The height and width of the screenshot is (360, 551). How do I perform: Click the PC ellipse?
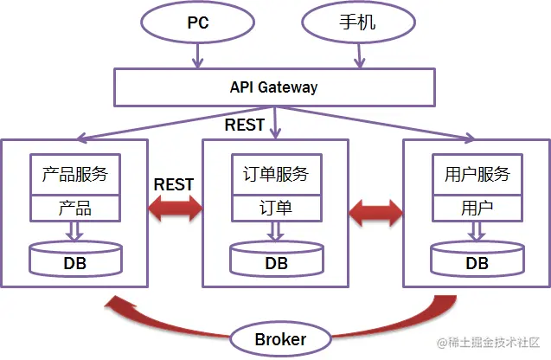[x=198, y=23]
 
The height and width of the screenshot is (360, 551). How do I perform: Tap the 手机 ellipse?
[x=354, y=23]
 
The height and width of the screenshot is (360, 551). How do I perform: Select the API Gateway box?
[x=273, y=87]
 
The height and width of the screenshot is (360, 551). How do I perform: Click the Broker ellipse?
[x=280, y=339]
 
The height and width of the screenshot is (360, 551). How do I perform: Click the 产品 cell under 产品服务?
[x=74, y=209]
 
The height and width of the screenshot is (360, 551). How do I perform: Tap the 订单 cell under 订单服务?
[x=276, y=209]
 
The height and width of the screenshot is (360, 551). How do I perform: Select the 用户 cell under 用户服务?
[x=477, y=209]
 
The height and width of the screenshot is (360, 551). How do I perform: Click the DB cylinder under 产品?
[x=75, y=260]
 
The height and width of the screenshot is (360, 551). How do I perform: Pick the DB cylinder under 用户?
[x=477, y=260]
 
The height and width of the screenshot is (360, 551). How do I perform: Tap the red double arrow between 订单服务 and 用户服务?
[x=375, y=210]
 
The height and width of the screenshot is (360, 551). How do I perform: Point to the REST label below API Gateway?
[x=244, y=125]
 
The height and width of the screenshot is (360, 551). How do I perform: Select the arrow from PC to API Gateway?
[x=198, y=56]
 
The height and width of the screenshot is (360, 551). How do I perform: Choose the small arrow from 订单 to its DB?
[x=276, y=231]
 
